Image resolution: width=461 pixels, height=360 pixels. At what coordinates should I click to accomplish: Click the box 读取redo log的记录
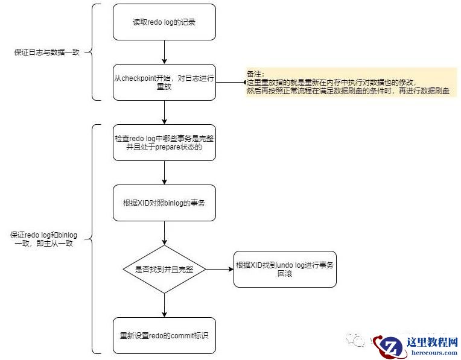(x=164, y=22)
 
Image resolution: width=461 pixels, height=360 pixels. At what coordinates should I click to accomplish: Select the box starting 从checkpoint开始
(x=164, y=82)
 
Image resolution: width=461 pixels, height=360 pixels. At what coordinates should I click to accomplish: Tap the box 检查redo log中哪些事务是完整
(x=164, y=142)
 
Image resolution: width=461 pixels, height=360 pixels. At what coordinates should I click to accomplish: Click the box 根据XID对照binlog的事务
(x=164, y=203)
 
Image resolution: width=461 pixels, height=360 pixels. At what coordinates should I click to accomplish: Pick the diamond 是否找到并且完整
(x=164, y=269)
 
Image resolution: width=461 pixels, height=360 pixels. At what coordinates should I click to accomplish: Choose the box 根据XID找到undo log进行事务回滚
(x=285, y=269)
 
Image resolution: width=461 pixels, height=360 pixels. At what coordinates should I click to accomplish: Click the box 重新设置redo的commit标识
(x=164, y=335)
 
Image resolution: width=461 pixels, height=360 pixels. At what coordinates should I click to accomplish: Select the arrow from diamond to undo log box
(x=220, y=269)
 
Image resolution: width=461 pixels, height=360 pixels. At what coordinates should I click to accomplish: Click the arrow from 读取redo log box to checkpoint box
(x=164, y=52)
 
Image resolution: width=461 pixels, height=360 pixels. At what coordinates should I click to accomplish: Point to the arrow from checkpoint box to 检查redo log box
(x=164, y=112)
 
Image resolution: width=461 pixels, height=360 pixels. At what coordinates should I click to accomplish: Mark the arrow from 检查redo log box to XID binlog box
(x=164, y=172)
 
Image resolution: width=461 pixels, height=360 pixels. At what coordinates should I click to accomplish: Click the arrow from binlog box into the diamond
(x=164, y=233)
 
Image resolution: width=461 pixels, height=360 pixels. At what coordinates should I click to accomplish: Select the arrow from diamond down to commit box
(x=164, y=305)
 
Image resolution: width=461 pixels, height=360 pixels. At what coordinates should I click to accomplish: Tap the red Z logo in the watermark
(x=389, y=346)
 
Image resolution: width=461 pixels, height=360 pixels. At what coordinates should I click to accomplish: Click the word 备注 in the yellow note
(x=253, y=74)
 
